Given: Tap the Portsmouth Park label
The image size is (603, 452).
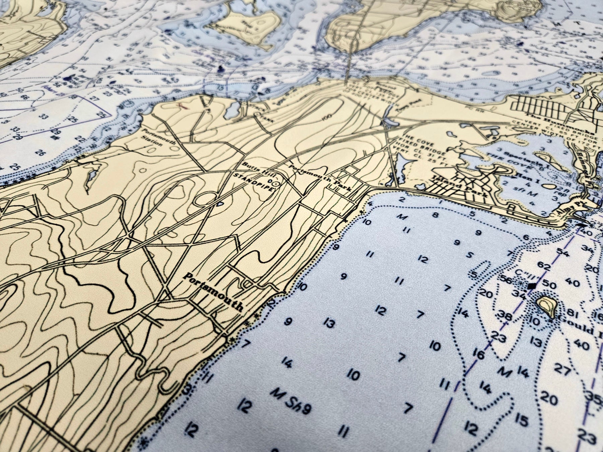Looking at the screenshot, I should coord(320,177).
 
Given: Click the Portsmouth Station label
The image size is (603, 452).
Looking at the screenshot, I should coord(152,138).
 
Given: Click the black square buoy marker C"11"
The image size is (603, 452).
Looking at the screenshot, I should coord(530,286).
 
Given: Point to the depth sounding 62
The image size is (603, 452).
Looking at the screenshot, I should coord(544,267).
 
